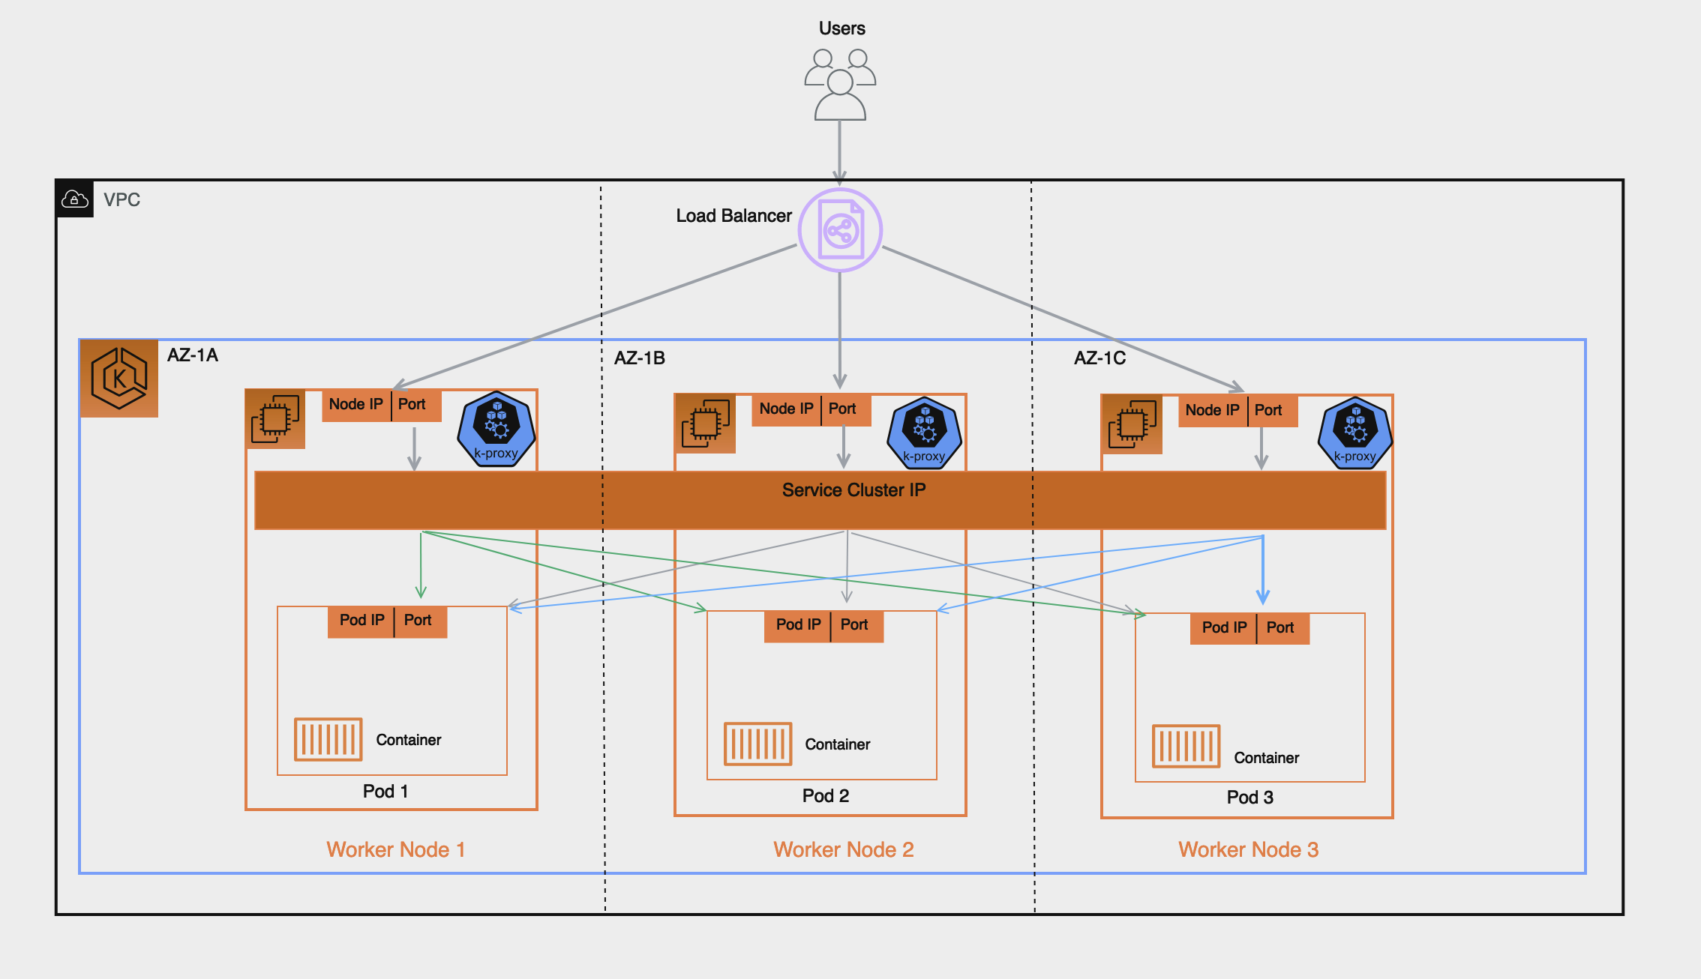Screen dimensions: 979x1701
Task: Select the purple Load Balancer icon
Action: (x=840, y=230)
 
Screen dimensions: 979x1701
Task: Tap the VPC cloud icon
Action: (x=74, y=199)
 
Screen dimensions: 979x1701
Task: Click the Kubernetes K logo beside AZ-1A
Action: (x=119, y=378)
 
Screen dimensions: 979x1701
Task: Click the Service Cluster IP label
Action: (x=853, y=490)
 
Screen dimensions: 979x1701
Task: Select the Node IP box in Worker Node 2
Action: (x=786, y=409)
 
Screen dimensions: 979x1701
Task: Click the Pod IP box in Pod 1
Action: (x=361, y=621)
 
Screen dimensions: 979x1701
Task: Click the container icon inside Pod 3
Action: (x=1186, y=746)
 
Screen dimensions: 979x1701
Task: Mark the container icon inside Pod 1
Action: (x=328, y=739)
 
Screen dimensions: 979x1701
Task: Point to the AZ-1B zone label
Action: (x=640, y=358)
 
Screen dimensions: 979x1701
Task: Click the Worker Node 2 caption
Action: (x=843, y=849)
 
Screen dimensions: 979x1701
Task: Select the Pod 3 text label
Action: (x=1249, y=798)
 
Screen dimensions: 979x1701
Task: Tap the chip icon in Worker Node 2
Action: (x=705, y=424)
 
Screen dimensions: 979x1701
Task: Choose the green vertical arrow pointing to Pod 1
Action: (x=421, y=566)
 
